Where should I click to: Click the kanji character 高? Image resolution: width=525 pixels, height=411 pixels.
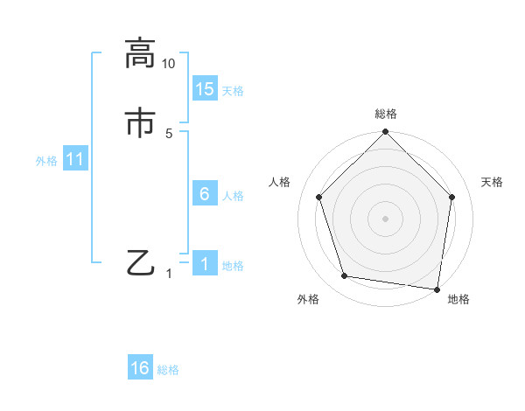coord(140,54)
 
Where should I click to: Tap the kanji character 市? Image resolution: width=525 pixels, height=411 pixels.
coord(140,122)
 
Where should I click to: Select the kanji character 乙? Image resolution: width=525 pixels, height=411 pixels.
coord(140,262)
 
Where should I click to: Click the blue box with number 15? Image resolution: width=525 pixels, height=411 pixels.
coord(205,89)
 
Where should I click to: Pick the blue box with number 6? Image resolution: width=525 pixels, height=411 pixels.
coord(205,194)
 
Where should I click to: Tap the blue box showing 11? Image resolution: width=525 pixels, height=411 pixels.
coord(75,160)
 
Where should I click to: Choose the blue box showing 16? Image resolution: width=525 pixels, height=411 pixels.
coord(140,368)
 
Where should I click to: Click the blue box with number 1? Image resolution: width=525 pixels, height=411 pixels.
coord(205,264)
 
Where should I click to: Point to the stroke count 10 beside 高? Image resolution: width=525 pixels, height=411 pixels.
coord(169,64)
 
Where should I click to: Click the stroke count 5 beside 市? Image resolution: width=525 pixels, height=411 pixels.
coord(169,133)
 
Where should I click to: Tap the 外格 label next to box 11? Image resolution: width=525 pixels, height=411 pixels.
coord(46,161)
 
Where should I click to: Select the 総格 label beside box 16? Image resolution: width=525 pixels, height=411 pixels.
coord(168,370)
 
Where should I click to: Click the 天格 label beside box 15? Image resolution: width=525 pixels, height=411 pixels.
coord(233,91)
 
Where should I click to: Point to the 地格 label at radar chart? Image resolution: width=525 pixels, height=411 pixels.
coord(458,299)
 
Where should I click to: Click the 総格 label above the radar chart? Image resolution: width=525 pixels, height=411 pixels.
coord(386,114)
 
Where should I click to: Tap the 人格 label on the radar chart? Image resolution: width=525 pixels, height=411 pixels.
coord(280,182)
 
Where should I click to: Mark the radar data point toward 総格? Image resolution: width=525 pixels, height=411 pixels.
coord(385,133)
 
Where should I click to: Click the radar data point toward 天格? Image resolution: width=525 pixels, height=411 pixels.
coord(452,197)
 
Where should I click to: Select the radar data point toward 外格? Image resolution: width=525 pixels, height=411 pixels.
coord(345,276)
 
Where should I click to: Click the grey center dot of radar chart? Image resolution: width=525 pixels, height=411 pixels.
coord(385,218)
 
